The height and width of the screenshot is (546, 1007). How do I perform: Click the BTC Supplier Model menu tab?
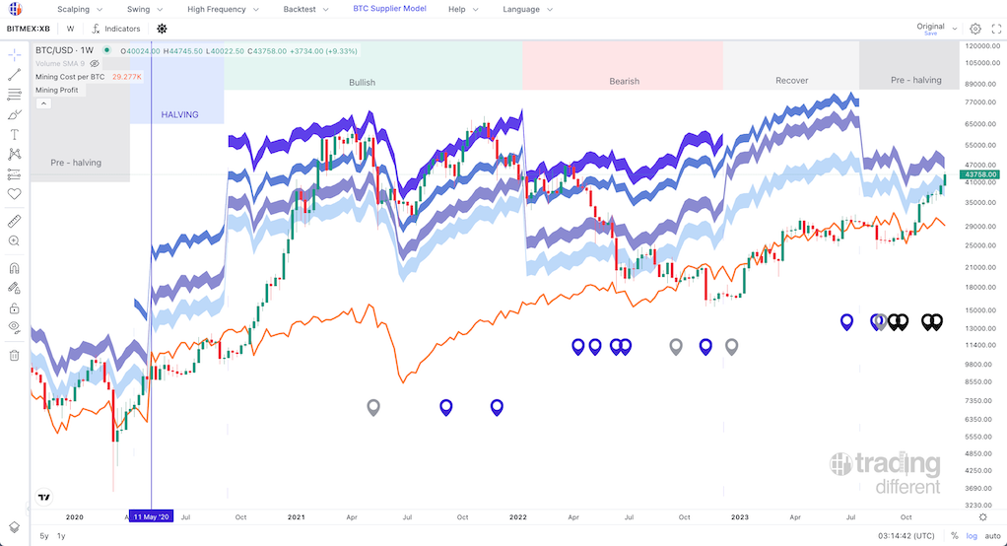[389, 9]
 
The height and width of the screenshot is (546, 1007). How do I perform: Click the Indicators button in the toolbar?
[117, 29]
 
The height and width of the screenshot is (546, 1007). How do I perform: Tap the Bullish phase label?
[362, 82]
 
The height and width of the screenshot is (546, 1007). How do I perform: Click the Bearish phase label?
[624, 82]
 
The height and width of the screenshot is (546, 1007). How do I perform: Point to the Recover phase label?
[791, 81]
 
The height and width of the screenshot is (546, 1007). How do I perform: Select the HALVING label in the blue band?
[178, 115]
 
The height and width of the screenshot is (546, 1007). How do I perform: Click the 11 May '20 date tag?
[152, 516]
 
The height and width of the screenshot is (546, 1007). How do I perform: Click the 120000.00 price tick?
[982, 46]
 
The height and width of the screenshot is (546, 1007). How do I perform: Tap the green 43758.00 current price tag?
[982, 174]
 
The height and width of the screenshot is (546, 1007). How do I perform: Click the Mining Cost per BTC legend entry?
[70, 77]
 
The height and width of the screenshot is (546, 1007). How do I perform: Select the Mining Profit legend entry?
[56, 90]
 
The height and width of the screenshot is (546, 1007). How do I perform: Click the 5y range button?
[44, 536]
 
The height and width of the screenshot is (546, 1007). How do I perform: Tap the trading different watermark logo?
[885, 472]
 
